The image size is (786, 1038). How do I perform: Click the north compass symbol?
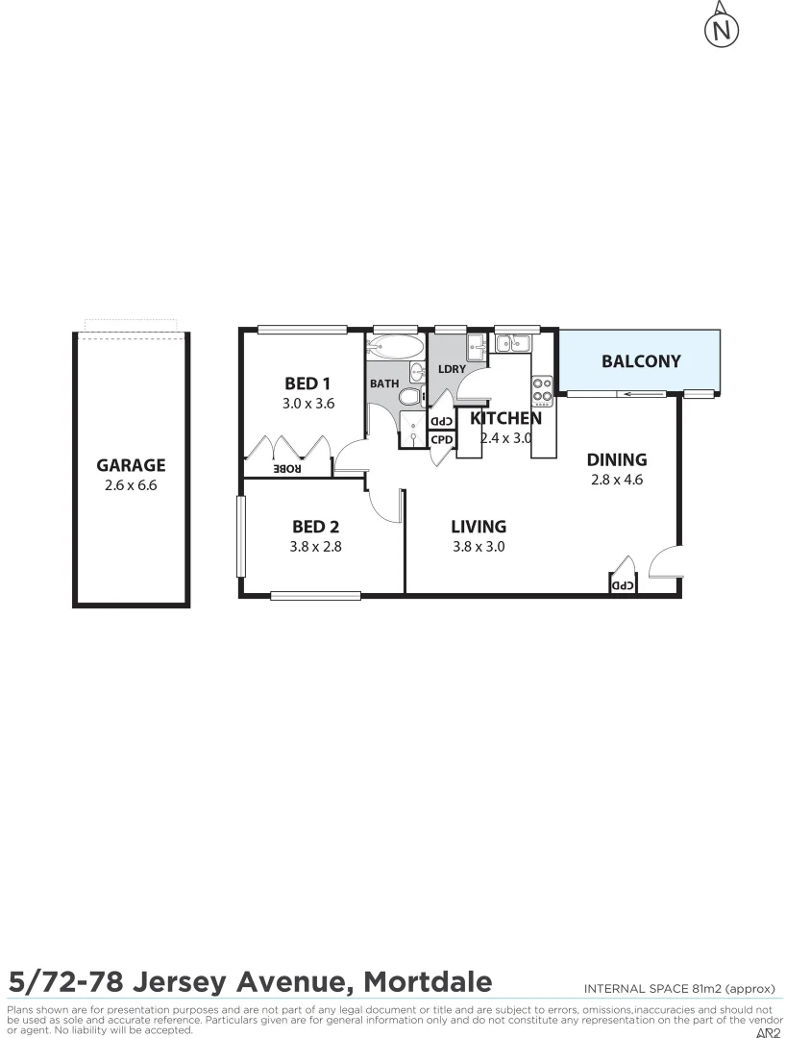(x=722, y=30)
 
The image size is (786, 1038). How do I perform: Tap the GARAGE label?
(x=131, y=465)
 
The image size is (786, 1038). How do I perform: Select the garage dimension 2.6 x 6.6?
(x=131, y=486)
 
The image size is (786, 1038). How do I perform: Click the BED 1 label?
(x=307, y=383)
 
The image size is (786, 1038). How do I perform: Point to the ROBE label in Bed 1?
(x=287, y=469)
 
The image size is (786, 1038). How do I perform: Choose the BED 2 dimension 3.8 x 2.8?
(x=316, y=547)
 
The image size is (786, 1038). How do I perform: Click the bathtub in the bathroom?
(x=394, y=347)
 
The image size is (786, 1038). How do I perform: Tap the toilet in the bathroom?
(x=410, y=397)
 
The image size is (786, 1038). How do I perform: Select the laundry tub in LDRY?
(x=477, y=345)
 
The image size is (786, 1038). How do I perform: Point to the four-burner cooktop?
(x=542, y=389)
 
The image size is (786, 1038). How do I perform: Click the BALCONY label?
(x=640, y=361)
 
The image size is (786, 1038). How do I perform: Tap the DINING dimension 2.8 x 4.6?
(x=617, y=480)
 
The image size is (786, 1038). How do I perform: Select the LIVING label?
(x=479, y=526)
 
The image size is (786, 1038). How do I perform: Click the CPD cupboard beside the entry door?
(x=622, y=584)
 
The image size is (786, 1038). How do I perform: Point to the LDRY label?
(x=452, y=369)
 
